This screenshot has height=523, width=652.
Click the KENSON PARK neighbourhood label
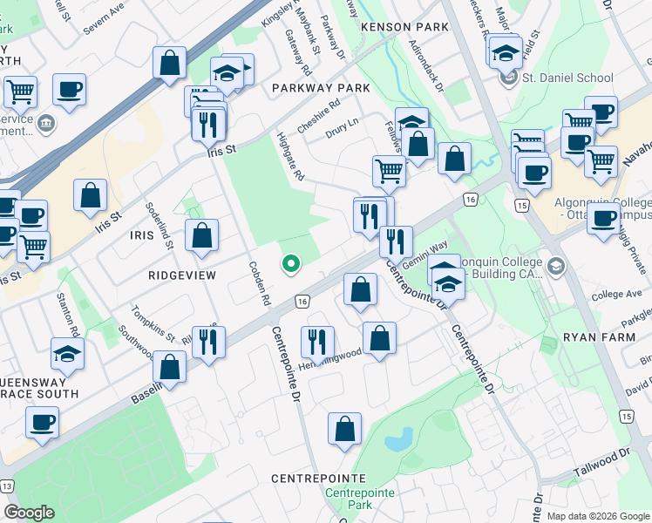pos(404,27)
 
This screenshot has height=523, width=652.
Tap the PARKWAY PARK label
pos(320,88)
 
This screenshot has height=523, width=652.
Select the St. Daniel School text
pos(567,78)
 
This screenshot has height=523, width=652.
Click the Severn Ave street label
pos(105,23)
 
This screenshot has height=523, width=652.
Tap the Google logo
pos(29,513)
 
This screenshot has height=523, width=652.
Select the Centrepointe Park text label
pos(347,499)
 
